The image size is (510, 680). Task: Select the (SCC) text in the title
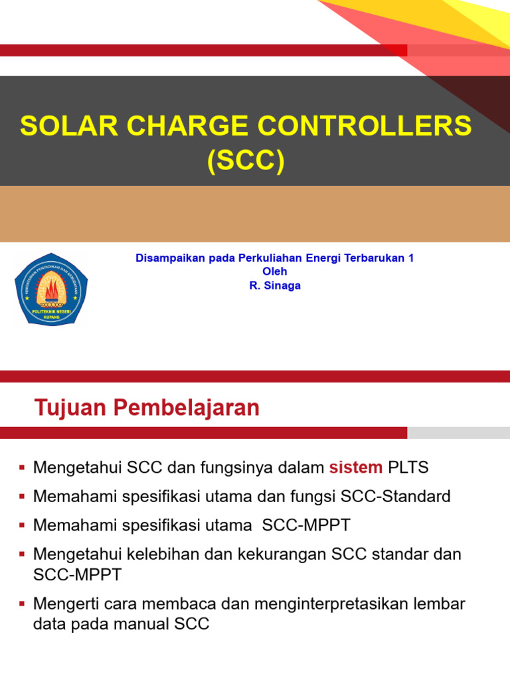point(246,161)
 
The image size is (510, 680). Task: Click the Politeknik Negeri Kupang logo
point(51,290)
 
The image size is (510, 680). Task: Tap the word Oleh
point(274,272)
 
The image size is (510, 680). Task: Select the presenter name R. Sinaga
point(274,286)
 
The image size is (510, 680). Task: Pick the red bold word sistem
point(356,467)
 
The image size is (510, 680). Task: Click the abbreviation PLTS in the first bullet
point(408,467)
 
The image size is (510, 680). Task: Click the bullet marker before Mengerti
point(22,604)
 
